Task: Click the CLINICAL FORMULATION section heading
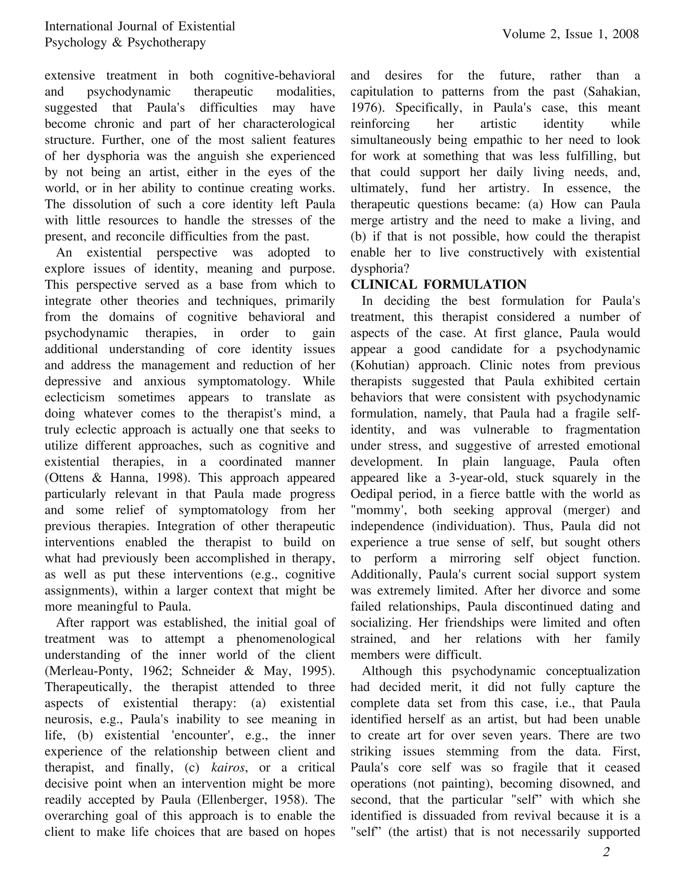tap(439, 285)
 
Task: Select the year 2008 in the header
tap(626, 34)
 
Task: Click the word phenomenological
tap(286, 639)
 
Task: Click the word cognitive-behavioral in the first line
tap(280, 76)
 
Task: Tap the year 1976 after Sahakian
tap(366, 108)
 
